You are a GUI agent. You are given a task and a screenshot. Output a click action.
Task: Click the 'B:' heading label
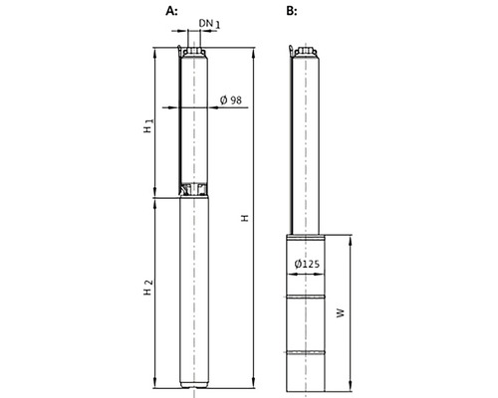coord(291,11)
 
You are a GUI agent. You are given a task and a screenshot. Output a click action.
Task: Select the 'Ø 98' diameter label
coord(230,99)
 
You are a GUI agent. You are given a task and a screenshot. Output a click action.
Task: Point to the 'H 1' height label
coord(146,126)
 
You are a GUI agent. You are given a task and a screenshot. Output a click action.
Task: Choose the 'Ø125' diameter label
coord(309,262)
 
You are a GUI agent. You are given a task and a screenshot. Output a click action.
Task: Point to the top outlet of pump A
coord(193,45)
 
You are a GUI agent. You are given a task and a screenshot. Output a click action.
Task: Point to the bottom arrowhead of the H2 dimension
coord(156,387)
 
